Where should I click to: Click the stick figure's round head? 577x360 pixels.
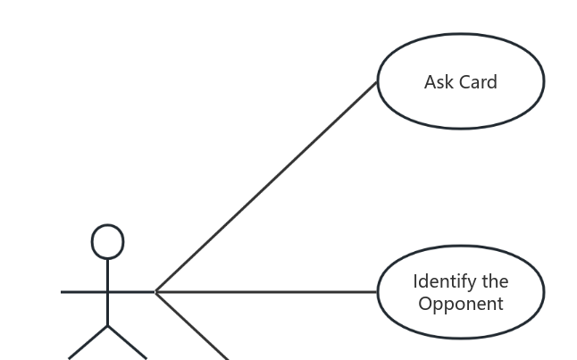click(x=108, y=241)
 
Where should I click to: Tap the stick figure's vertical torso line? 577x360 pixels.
click(x=108, y=308)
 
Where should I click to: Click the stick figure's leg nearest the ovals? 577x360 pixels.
click(x=128, y=342)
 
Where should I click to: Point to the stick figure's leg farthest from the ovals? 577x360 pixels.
click(x=88, y=342)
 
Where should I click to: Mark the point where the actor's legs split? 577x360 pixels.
click(x=108, y=326)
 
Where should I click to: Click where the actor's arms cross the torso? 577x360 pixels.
click(x=108, y=291)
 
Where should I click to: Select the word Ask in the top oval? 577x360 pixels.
click(x=439, y=82)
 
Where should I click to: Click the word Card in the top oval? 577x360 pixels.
click(x=477, y=82)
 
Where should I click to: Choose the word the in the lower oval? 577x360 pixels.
click(x=496, y=281)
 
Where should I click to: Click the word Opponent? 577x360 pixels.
click(x=461, y=304)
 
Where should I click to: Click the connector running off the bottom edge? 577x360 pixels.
click(x=192, y=326)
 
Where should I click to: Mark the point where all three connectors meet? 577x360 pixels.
click(x=156, y=291)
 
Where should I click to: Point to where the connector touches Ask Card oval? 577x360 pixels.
click(x=378, y=82)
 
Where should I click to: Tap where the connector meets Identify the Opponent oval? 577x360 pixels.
click(x=378, y=291)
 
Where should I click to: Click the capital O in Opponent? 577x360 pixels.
click(x=425, y=304)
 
